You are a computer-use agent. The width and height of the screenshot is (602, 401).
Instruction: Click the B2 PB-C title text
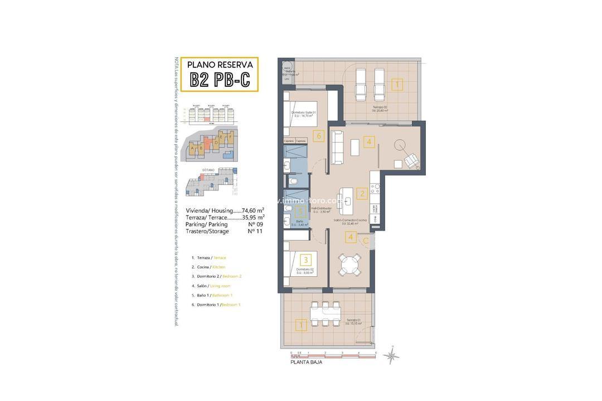pyautogui.click(x=222, y=80)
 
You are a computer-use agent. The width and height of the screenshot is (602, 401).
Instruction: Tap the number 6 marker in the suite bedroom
pyautogui.click(x=318, y=135)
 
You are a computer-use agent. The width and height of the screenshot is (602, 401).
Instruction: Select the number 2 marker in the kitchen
pyautogui.click(x=362, y=194)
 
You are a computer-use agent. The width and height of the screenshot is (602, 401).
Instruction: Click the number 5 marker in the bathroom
pyautogui.click(x=300, y=212)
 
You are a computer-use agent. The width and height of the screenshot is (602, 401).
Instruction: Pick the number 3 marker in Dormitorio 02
pyautogui.click(x=305, y=259)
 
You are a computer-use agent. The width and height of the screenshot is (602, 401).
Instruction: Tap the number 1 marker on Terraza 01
pyautogui.click(x=301, y=325)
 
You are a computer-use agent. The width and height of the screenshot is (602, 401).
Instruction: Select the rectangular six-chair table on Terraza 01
pyautogui.click(x=326, y=314)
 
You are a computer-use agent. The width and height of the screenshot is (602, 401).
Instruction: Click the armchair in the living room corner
pyautogui.click(x=411, y=160)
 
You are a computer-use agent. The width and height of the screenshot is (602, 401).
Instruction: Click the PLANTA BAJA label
pyautogui.click(x=306, y=361)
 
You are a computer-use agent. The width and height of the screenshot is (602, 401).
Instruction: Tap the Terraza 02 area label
pyautogui.click(x=380, y=109)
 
